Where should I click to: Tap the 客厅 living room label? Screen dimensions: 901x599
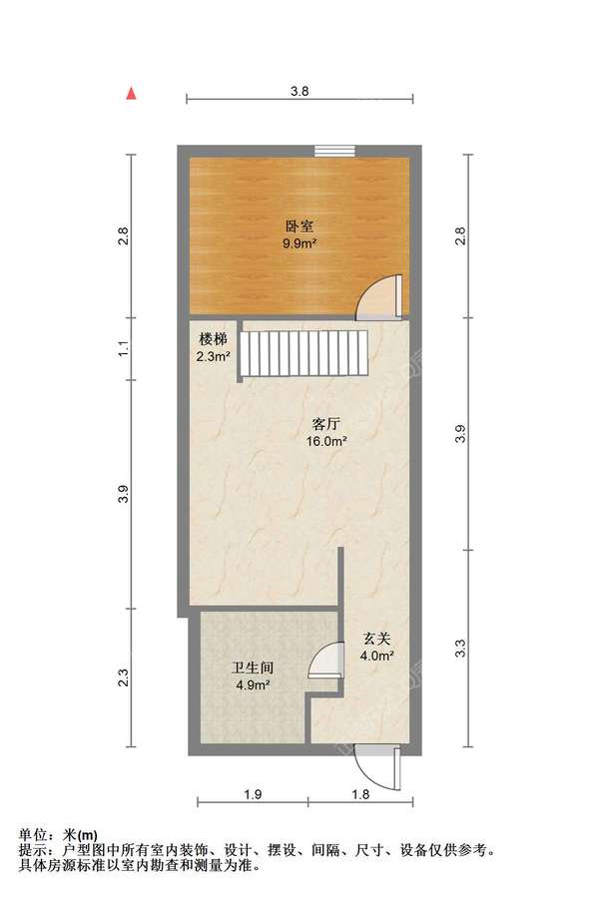point(325,425)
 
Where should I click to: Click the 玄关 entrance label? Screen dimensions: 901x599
point(376,639)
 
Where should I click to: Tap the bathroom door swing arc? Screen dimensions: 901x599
point(324,661)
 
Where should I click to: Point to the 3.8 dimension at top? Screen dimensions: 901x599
point(299,91)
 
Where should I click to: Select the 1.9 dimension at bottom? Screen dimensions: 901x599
point(253,795)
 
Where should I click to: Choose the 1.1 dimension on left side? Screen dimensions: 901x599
point(124,350)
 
